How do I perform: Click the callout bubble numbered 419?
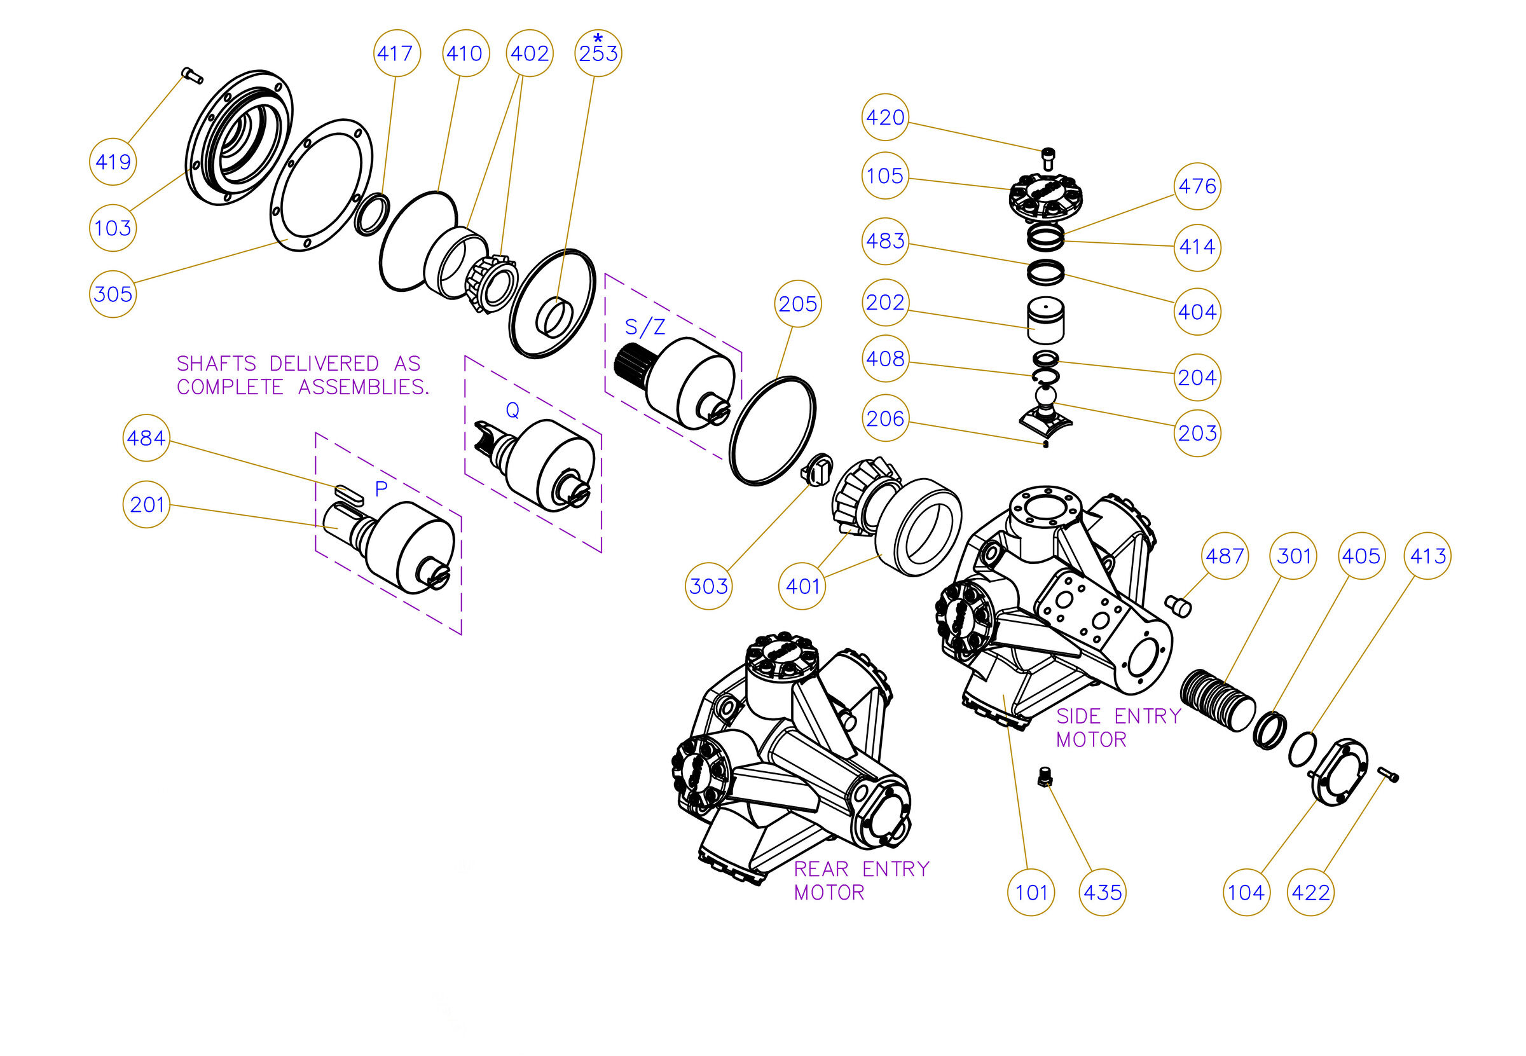(113, 161)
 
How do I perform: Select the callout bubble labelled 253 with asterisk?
(598, 52)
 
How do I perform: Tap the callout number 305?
(113, 294)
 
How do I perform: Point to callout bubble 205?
(798, 304)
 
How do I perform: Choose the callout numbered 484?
(146, 438)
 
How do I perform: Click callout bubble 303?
(709, 586)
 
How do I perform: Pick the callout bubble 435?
(1103, 893)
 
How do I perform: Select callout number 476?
(1198, 186)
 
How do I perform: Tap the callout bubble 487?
(1225, 556)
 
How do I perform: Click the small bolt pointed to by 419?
(192, 76)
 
